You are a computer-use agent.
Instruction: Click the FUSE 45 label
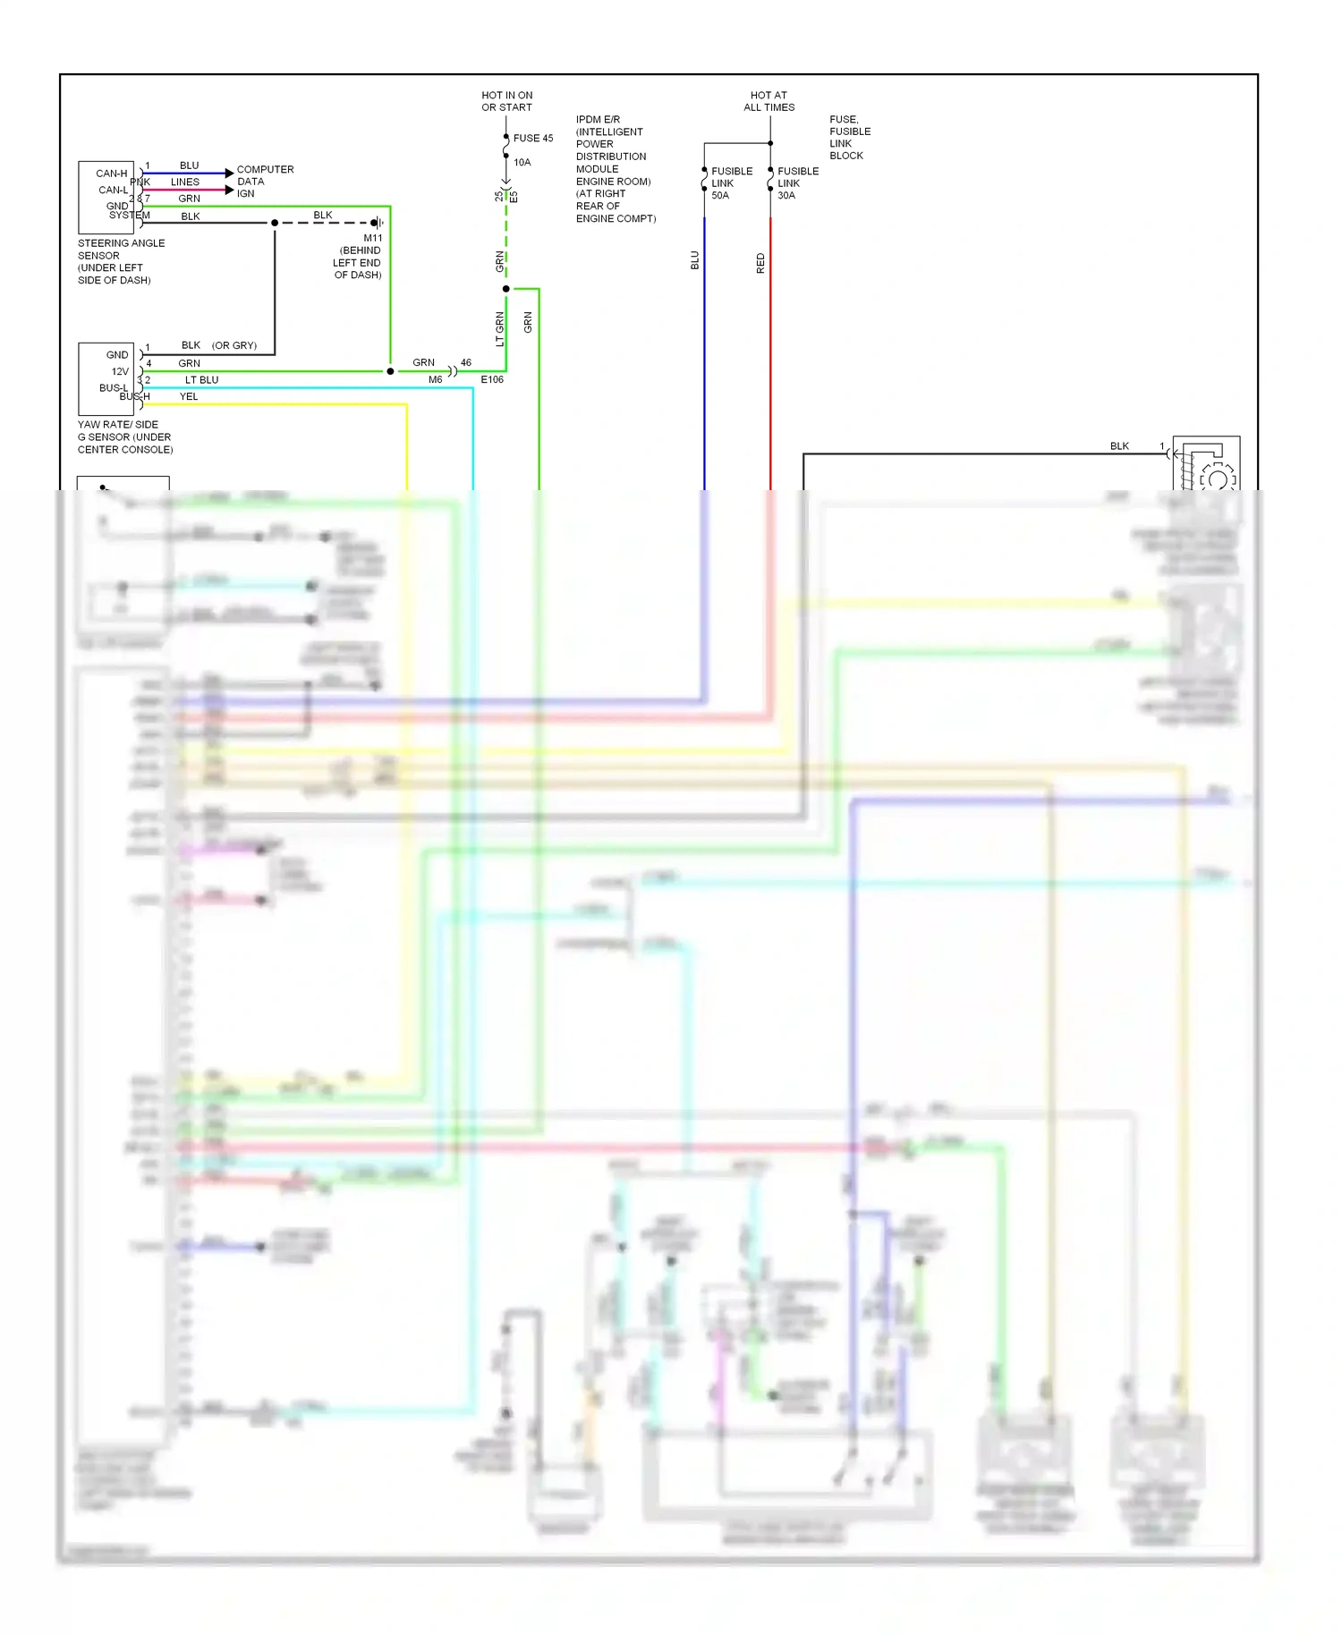(x=532, y=139)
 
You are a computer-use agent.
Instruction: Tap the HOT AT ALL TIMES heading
(x=769, y=101)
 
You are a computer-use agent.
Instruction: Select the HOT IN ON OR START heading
(x=506, y=101)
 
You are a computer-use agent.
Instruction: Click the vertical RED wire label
(x=760, y=263)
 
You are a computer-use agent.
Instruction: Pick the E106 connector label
(x=492, y=380)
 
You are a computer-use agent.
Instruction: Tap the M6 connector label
(x=435, y=380)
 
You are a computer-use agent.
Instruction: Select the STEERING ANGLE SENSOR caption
(x=121, y=261)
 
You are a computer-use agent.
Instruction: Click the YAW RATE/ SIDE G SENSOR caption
(x=125, y=437)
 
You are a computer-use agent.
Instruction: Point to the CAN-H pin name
(x=112, y=174)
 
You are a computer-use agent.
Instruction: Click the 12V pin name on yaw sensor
(x=120, y=371)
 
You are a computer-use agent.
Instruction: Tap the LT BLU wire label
(x=201, y=380)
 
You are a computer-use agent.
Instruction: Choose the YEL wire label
(x=189, y=397)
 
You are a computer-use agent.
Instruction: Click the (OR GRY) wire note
(x=234, y=345)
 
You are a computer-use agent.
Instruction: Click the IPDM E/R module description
(x=615, y=169)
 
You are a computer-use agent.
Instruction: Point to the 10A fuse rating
(x=522, y=163)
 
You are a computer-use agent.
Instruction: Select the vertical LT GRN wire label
(x=500, y=329)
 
